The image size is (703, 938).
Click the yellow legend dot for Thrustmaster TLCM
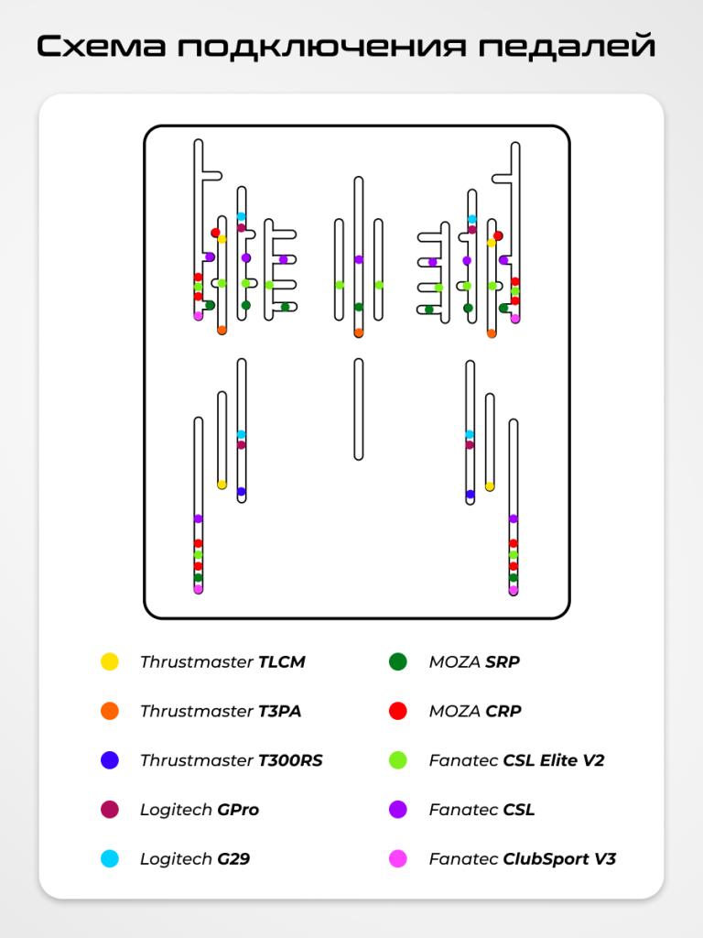coord(110,661)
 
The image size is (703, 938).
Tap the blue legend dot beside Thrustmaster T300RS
coord(110,760)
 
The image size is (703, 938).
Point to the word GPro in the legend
coord(238,810)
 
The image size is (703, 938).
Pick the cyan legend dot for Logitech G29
coord(110,859)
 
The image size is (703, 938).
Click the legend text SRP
coord(502,661)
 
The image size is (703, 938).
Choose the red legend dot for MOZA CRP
coord(398,711)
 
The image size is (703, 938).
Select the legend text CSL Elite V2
coord(554,760)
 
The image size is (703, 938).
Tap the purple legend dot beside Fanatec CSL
coord(398,810)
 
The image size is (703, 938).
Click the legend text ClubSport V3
coord(559,859)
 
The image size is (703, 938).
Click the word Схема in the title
coord(101,46)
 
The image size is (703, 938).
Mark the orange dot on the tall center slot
coord(359,333)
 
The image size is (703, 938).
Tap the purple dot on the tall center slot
coord(359,260)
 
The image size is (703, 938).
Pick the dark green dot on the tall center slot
coord(359,307)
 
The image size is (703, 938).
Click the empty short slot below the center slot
coord(359,409)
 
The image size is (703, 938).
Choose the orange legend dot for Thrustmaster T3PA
coord(110,711)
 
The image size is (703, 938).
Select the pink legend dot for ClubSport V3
coord(398,859)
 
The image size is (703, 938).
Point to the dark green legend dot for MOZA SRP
coord(398,661)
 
